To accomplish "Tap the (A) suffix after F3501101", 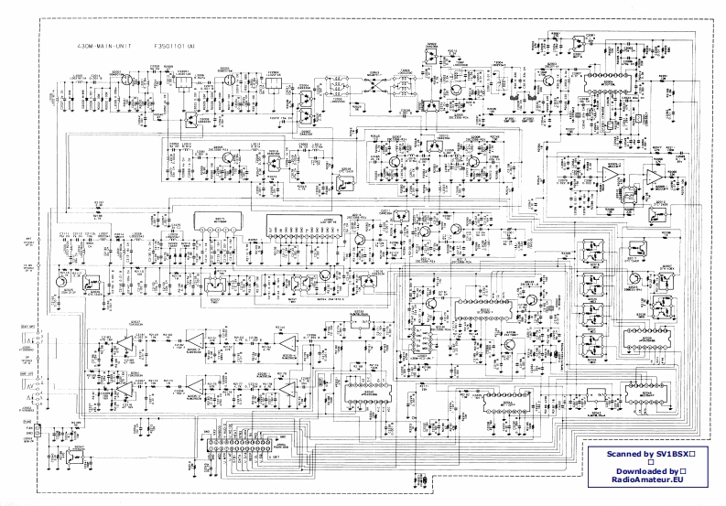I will click(x=187, y=43).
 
